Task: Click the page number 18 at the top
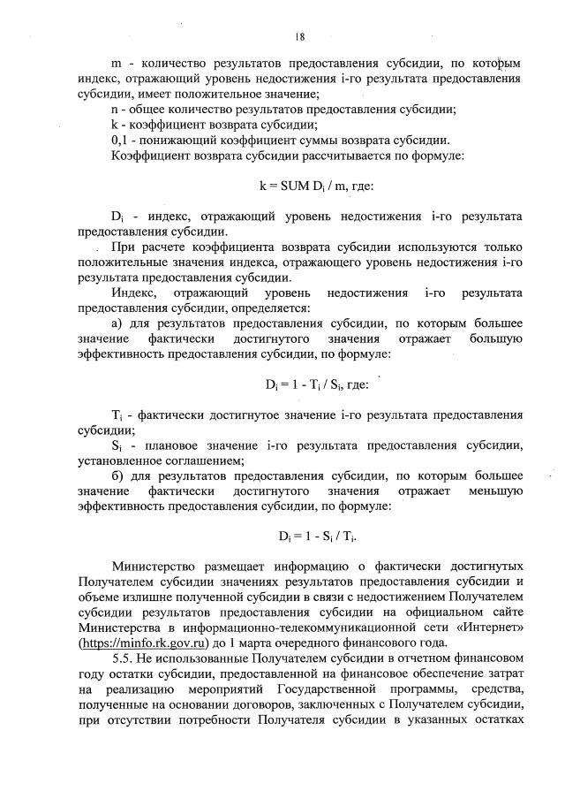(300, 36)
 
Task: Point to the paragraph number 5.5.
(123, 659)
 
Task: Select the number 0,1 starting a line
(122, 141)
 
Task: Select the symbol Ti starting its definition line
(117, 415)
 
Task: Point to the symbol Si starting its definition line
(117, 445)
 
